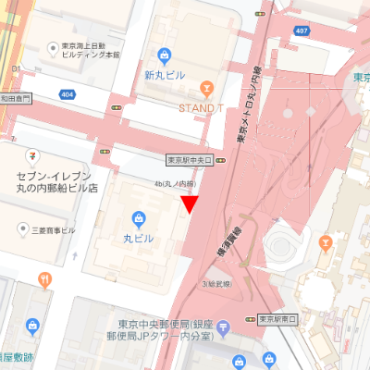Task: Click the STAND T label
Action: click(x=203, y=105)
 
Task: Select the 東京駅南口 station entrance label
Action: click(x=278, y=319)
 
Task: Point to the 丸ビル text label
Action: click(x=139, y=237)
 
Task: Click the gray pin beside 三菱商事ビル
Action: click(x=23, y=228)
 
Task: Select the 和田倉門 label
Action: click(x=16, y=95)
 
